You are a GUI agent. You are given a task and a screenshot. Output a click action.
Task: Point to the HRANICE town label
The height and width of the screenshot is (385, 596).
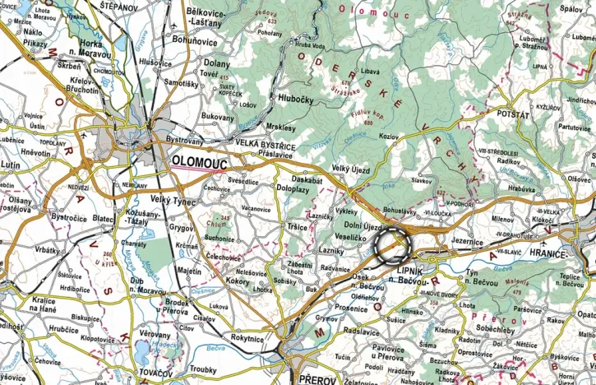click(573, 254)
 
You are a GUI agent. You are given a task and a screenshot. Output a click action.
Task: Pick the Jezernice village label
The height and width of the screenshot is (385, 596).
click(467, 243)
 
